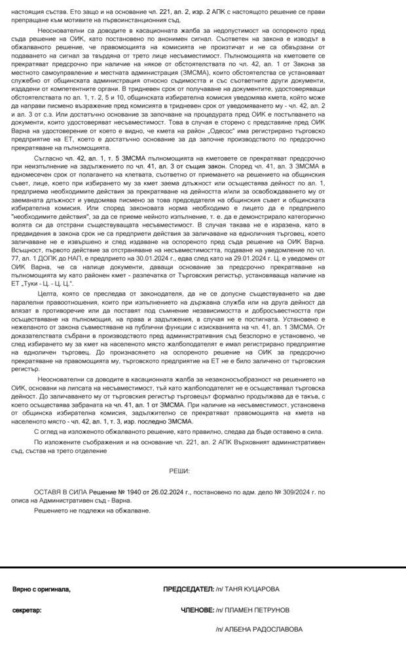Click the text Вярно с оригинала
(x=41, y=589)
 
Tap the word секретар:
(x=27, y=610)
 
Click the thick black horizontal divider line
(x=203, y=567)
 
